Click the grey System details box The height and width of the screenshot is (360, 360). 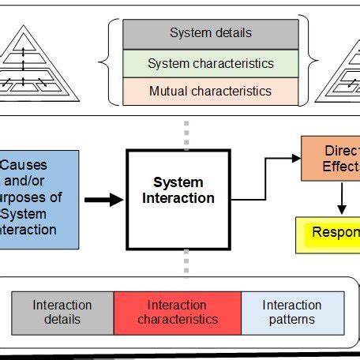[x=211, y=34]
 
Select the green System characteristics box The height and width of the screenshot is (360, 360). [x=211, y=63]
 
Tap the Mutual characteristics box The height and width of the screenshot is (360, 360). [x=211, y=91]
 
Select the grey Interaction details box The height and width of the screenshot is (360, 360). [x=62, y=312]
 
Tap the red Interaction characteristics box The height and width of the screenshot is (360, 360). [x=178, y=312]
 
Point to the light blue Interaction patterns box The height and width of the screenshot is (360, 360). [x=292, y=312]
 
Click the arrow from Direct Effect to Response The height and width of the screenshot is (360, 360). [x=341, y=197]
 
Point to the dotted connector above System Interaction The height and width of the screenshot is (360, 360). [x=186, y=135]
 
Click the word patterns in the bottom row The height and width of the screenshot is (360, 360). [x=292, y=320]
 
